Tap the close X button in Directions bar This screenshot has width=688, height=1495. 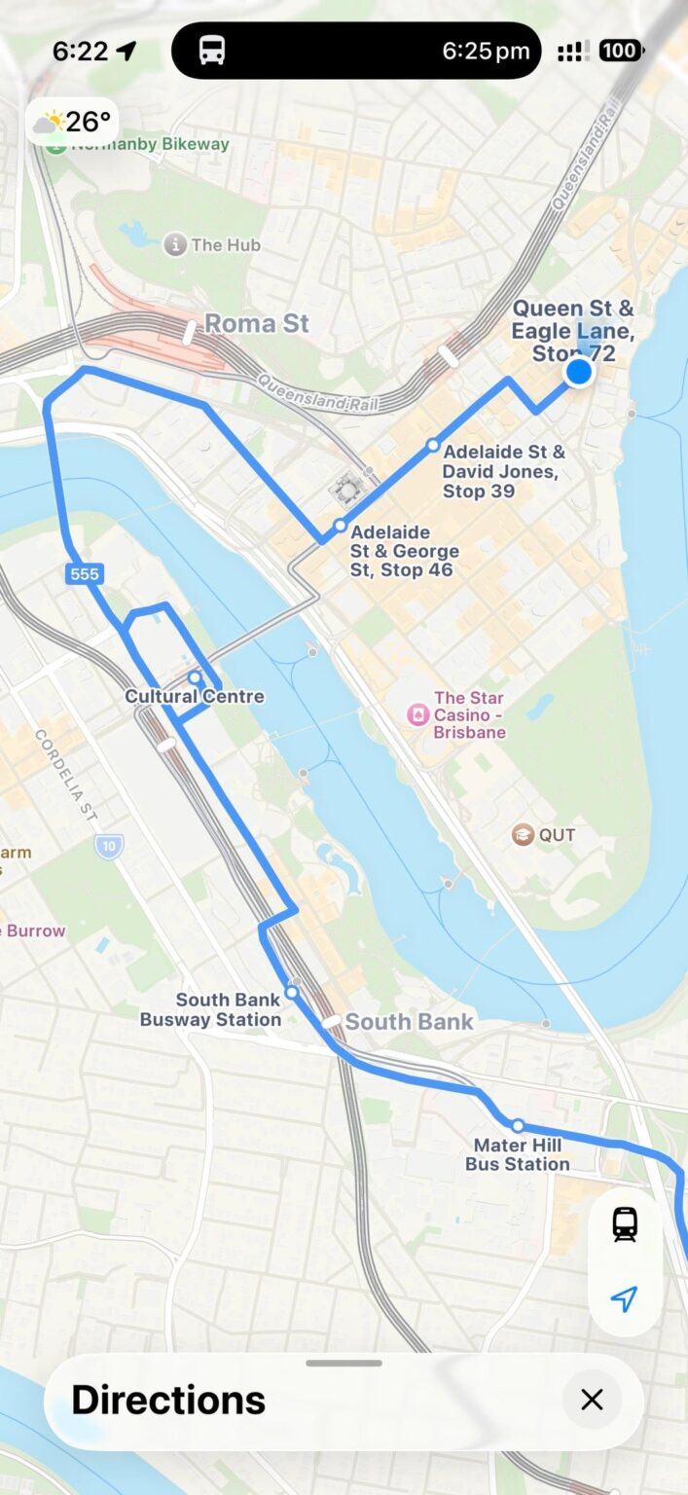point(592,1400)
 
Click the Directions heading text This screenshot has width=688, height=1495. point(168,1400)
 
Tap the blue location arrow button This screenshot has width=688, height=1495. point(624,1298)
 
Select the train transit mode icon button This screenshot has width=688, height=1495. point(624,1224)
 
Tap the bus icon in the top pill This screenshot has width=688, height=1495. point(212,51)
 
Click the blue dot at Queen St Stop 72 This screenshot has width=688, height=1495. point(579,372)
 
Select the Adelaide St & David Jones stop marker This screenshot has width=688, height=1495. point(433,446)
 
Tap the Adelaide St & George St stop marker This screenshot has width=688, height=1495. point(340,526)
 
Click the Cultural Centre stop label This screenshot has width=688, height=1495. point(195,697)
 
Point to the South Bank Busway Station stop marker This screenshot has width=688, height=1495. point(291,994)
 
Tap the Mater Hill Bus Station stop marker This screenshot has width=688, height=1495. point(518,1126)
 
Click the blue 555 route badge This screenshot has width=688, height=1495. point(85,574)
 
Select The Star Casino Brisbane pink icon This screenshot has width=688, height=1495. point(417,715)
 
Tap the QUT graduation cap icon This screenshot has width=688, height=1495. point(524,834)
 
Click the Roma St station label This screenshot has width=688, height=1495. point(257,324)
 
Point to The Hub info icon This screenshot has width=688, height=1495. point(174,244)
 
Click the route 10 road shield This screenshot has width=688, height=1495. point(109,846)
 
